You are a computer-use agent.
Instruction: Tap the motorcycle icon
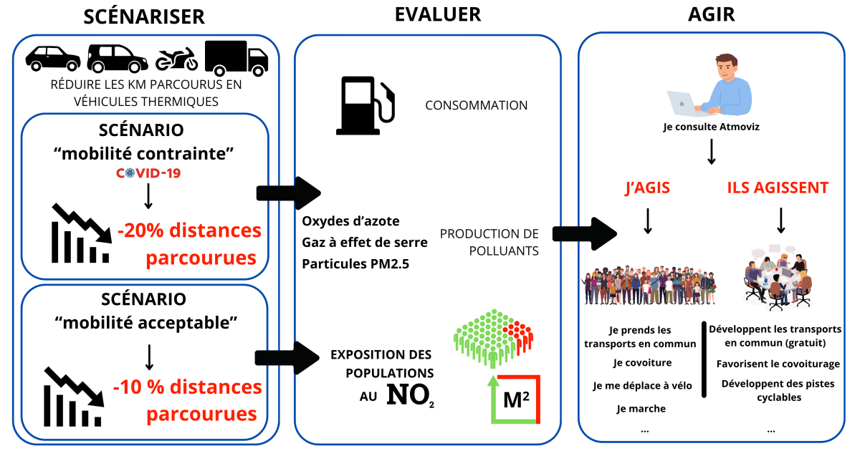[x=176, y=59]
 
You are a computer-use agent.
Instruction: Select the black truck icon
[x=236, y=57]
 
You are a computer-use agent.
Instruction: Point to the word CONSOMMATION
[x=476, y=105]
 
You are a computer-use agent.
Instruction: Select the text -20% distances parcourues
[x=189, y=244]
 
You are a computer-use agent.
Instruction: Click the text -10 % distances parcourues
[x=188, y=400]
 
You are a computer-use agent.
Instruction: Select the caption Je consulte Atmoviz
[x=711, y=127]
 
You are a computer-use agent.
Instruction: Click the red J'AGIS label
[x=647, y=188]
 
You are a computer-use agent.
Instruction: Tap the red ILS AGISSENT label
[x=778, y=188]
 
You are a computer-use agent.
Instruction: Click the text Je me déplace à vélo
[x=642, y=385]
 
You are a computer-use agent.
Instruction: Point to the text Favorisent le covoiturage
[x=778, y=364]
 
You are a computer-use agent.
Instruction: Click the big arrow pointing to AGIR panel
[x=585, y=233]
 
